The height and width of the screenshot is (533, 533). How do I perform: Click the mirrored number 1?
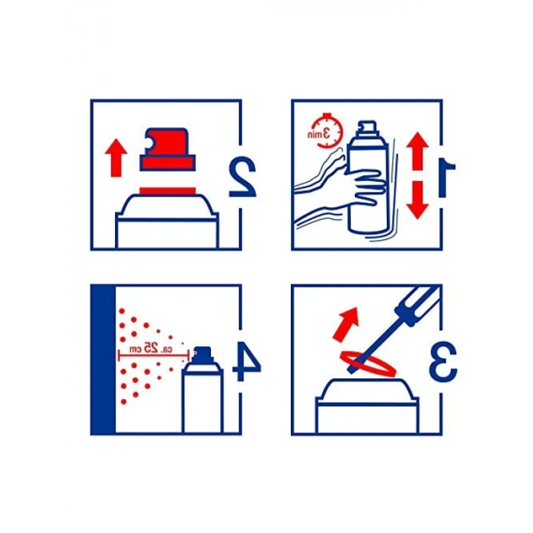point(446,179)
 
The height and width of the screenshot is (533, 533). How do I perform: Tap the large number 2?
point(242,177)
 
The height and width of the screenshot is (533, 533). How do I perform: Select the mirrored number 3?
point(443,362)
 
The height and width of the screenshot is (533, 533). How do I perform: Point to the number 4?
point(247,362)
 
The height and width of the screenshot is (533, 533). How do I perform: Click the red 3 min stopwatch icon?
point(325,131)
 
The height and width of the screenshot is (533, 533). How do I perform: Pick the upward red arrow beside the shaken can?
point(417,152)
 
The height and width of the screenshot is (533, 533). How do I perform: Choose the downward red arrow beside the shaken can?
point(417,199)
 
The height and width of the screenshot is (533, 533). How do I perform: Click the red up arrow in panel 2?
point(116,158)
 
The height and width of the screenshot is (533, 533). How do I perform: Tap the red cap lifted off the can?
point(168,149)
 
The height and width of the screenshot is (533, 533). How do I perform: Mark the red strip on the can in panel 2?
point(168,191)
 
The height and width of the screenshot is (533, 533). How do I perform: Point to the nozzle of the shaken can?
point(367,126)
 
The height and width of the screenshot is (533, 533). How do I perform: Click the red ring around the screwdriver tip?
point(368,364)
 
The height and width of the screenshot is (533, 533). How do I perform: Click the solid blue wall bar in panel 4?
point(104,360)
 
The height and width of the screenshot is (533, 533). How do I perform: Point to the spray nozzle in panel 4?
point(203,354)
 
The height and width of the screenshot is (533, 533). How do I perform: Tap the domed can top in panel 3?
point(367,390)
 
